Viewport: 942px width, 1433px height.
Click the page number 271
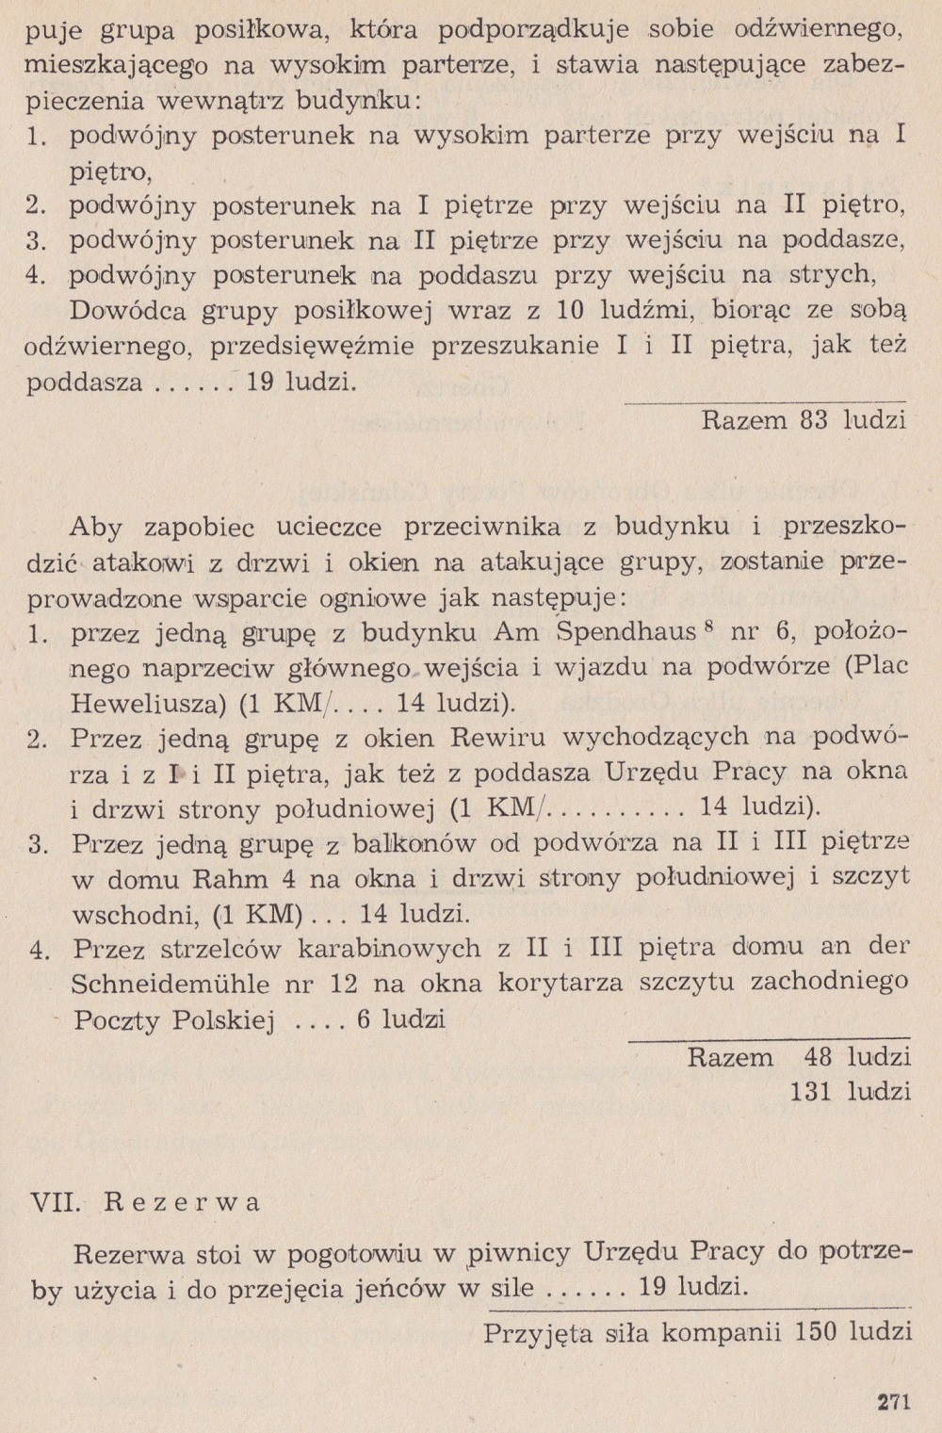(x=893, y=1401)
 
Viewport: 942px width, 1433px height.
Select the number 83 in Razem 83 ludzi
(x=813, y=419)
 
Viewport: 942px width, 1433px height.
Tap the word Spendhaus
(x=625, y=630)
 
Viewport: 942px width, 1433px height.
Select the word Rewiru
(x=533, y=737)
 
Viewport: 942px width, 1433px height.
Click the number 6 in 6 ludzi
(x=364, y=1019)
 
